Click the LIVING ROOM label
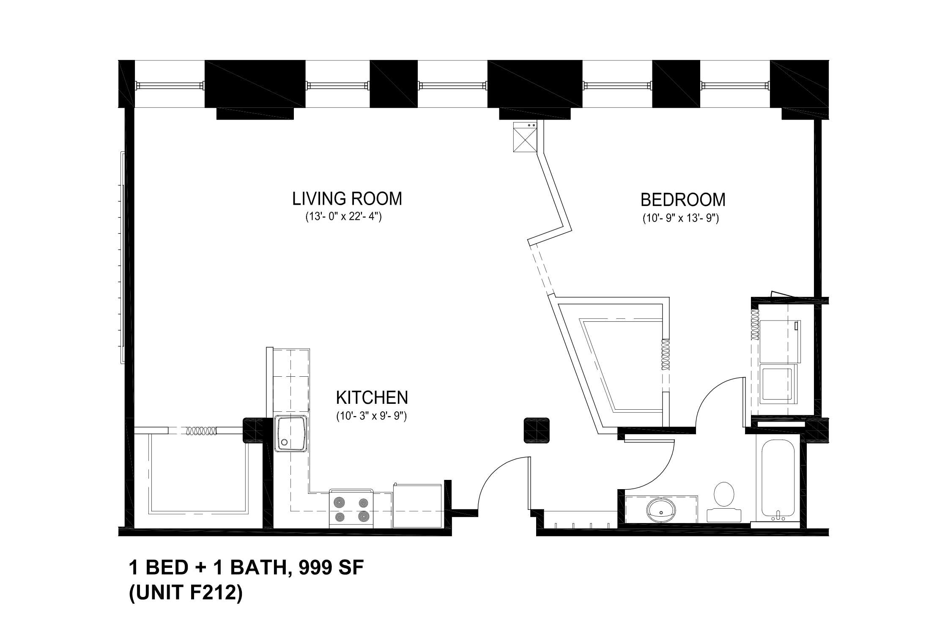[347, 199]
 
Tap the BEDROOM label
[683, 200]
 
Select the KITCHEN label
[372, 397]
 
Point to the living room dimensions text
[344, 217]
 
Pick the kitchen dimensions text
[372, 416]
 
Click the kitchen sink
[291, 433]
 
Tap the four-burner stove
[351, 509]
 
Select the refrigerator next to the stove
[418, 505]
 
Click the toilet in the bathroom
[724, 502]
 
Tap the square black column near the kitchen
[537, 430]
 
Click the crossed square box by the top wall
[525, 137]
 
